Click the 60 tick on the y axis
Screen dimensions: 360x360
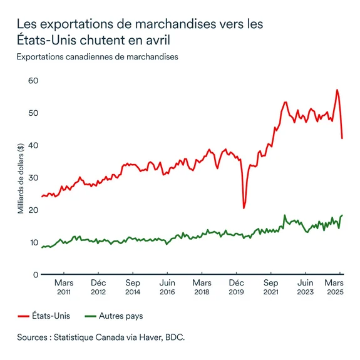[x=33, y=81]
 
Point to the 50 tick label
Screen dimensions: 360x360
[x=33, y=113]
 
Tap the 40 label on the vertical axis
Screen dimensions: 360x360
[x=33, y=145]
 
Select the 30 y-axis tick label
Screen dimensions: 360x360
[x=33, y=178]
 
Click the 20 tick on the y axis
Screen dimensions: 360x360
[x=33, y=210]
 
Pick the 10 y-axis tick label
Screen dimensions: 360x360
[x=33, y=242]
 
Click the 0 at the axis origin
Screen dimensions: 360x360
[x=36, y=274]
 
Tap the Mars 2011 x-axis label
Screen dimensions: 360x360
[x=64, y=286]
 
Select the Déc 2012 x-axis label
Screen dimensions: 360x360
[x=98, y=286]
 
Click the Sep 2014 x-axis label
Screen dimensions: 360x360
[x=133, y=286]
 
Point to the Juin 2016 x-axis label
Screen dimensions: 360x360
[x=167, y=286]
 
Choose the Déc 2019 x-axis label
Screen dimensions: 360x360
[x=235, y=286]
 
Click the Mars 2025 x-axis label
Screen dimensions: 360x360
[x=338, y=286]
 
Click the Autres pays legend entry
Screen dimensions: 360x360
[x=116, y=316]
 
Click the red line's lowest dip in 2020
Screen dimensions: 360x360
[x=244, y=208]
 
